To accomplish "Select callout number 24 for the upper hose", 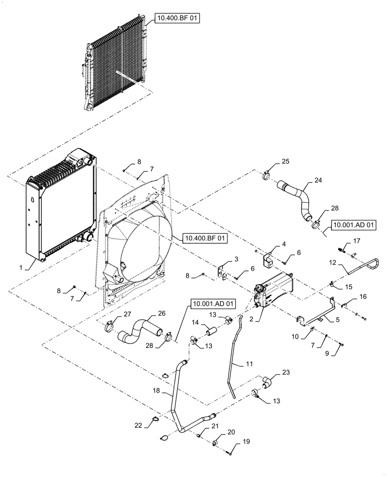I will pyautogui.click(x=318, y=181).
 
